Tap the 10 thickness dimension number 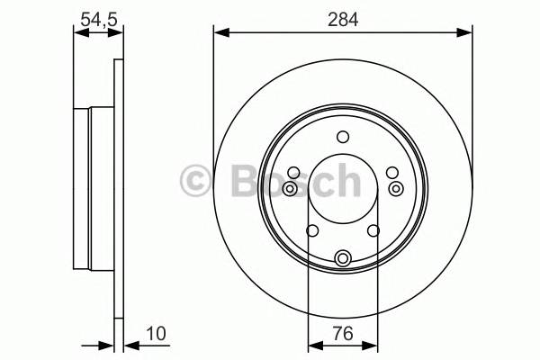coord(157,335)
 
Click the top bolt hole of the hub coord(342,137)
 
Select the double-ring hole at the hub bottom coord(342,259)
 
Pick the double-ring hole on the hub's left coord(289,188)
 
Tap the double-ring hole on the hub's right coord(396,188)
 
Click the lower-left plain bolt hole coord(311,231)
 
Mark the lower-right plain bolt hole coord(373,231)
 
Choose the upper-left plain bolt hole coord(293,172)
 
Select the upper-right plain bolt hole coord(391,172)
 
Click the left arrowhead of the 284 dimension coord(220,33)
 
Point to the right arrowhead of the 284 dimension coord(466,33)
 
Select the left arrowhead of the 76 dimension coord(314,345)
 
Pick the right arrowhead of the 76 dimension coord(370,345)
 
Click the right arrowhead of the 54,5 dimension coord(117,33)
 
